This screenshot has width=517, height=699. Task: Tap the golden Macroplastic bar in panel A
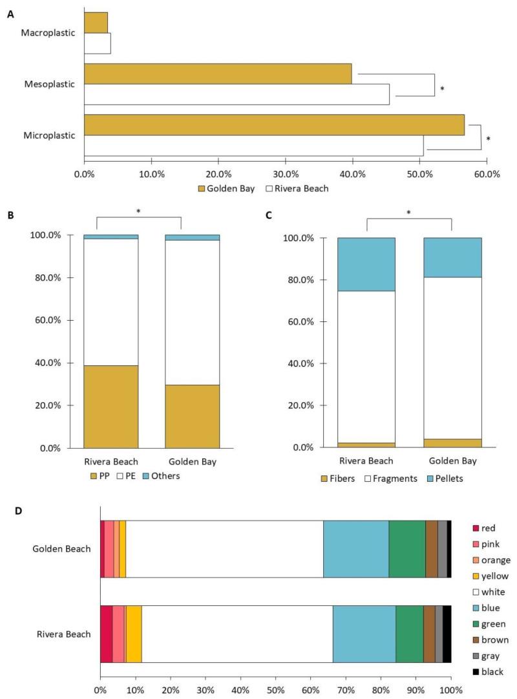96,23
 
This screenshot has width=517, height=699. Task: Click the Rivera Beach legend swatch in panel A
271,188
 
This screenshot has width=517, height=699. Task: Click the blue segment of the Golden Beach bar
355,549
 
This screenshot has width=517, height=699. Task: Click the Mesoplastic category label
48,84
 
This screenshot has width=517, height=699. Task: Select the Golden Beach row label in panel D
62,549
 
